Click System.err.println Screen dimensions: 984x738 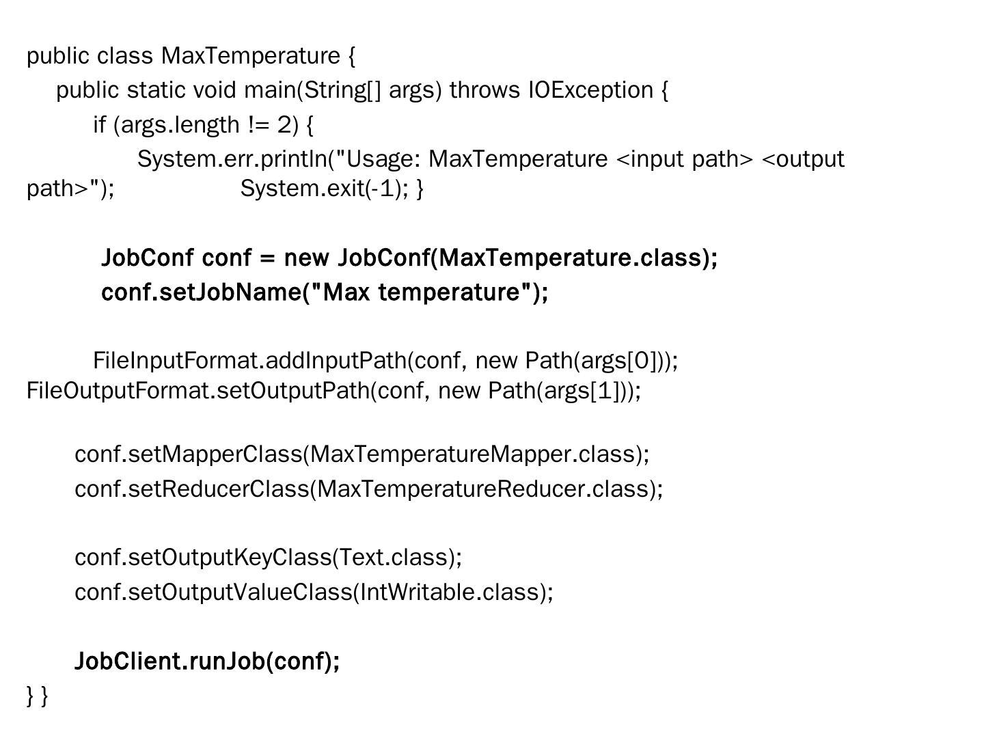click(x=232, y=159)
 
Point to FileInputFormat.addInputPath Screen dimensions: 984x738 click(x=249, y=360)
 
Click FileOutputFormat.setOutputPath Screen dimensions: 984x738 click(x=198, y=391)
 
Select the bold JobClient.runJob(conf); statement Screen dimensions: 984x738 click(x=207, y=661)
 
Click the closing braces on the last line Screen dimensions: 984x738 click(x=38, y=696)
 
